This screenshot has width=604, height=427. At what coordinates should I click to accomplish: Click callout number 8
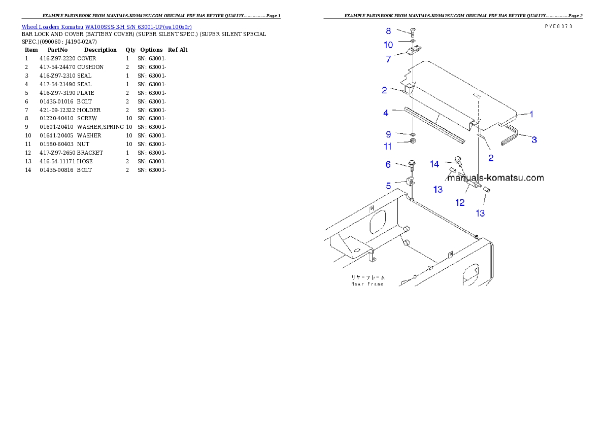point(388,31)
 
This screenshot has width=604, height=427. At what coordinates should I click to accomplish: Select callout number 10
point(388,45)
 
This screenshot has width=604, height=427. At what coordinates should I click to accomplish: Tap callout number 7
point(388,59)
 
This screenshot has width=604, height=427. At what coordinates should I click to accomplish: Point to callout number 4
point(386,113)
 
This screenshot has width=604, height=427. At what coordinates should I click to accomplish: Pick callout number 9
point(388,134)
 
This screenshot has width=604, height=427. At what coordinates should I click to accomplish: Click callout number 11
point(388,147)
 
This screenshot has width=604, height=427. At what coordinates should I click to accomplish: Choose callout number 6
point(388,164)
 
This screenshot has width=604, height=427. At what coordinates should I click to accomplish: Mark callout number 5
point(388,186)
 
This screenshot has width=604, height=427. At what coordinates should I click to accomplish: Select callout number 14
point(434,164)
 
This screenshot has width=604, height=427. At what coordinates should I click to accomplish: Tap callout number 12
point(460,203)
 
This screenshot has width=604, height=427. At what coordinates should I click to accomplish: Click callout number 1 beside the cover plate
point(531,114)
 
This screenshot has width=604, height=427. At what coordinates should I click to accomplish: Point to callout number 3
point(534,139)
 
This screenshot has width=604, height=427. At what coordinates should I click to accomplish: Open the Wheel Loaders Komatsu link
point(107,27)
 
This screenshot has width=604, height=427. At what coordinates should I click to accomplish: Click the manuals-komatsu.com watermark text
point(495,178)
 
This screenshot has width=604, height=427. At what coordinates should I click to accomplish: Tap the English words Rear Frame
point(367,284)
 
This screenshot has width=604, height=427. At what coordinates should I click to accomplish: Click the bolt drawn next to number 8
point(412,32)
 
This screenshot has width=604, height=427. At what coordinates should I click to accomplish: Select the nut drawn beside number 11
point(413,141)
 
